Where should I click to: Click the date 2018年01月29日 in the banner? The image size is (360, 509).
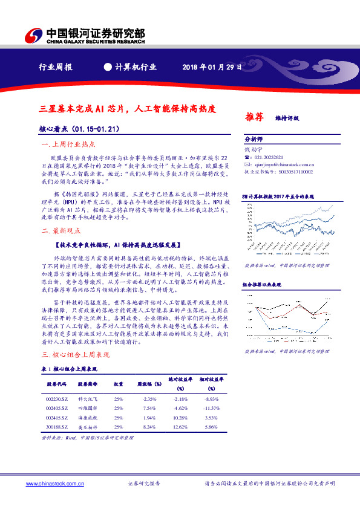[213, 68]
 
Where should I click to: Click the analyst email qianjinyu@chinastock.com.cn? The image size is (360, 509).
[283, 164]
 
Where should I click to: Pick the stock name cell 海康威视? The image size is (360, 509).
[88, 418]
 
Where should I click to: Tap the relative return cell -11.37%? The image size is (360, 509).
[211, 409]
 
